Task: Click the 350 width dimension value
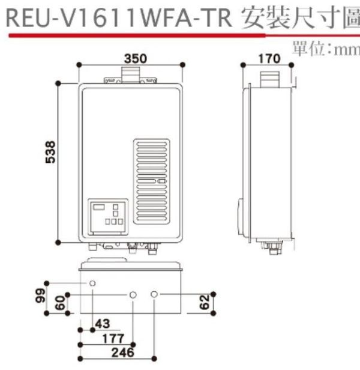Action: click(136, 59)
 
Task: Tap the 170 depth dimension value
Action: click(269, 59)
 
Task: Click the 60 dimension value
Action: click(59, 303)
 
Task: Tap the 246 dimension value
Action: click(124, 353)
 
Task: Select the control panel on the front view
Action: click(109, 216)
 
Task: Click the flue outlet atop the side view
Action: click(269, 80)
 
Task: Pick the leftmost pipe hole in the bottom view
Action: click(93, 283)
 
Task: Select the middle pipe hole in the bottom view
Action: click(133, 295)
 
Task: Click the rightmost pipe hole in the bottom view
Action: click(155, 294)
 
